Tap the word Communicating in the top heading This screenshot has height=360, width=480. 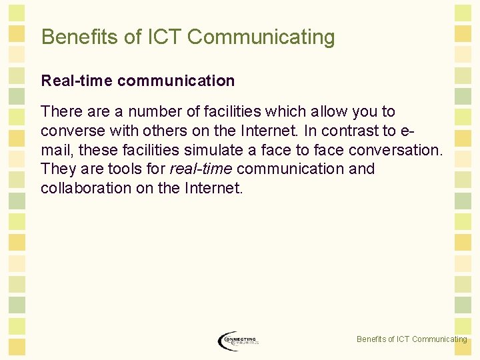point(261,37)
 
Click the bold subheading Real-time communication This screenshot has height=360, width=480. point(138,81)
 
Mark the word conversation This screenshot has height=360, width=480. point(396,150)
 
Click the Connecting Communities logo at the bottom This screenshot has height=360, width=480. point(238,341)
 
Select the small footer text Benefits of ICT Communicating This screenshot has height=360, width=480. point(411,339)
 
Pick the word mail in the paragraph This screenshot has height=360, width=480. point(56,150)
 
